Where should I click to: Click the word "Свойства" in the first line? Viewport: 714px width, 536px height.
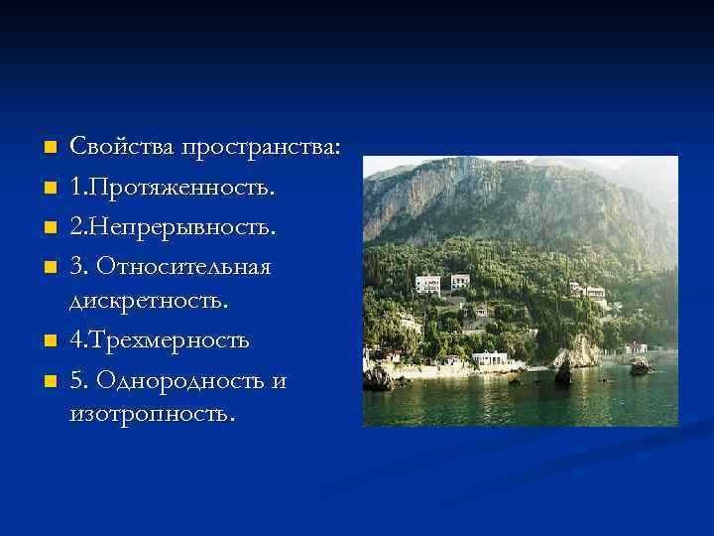[x=119, y=148]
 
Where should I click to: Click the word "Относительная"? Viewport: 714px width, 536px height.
[x=185, y=268]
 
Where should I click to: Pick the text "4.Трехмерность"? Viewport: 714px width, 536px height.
[x=159, y=340]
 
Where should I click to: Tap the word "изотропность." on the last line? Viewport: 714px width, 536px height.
[x=153, y=412]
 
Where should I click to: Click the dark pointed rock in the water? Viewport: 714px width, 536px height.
[x=563, y=370]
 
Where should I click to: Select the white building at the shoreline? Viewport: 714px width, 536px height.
[x=489, y=358]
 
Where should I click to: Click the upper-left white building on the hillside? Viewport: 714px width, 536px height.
[x=427, y=284]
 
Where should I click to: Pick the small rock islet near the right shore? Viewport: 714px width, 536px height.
[x=641, y=365]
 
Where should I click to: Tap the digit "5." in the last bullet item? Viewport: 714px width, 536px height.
[x=78, y=381]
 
